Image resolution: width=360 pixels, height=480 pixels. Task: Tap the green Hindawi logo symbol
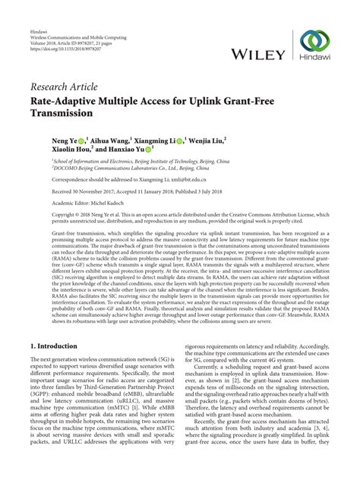coord(314,43)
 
